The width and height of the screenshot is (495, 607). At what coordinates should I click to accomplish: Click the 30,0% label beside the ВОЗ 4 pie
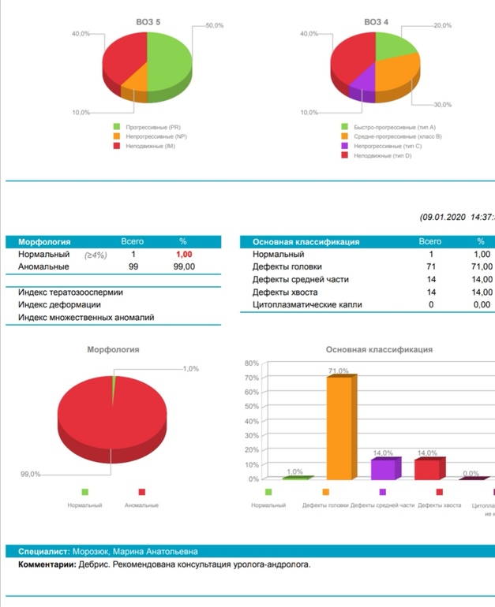click(x=442, y=105)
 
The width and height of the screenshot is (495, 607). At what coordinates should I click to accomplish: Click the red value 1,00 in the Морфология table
click(x=183, y=255)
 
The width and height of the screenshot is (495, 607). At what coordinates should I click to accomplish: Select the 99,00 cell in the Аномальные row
click(x=183, y=267)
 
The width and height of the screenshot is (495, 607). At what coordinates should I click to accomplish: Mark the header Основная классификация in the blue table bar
click(x=306, y=242)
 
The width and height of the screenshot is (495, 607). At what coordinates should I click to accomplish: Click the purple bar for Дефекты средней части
click(x=384, y=468)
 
